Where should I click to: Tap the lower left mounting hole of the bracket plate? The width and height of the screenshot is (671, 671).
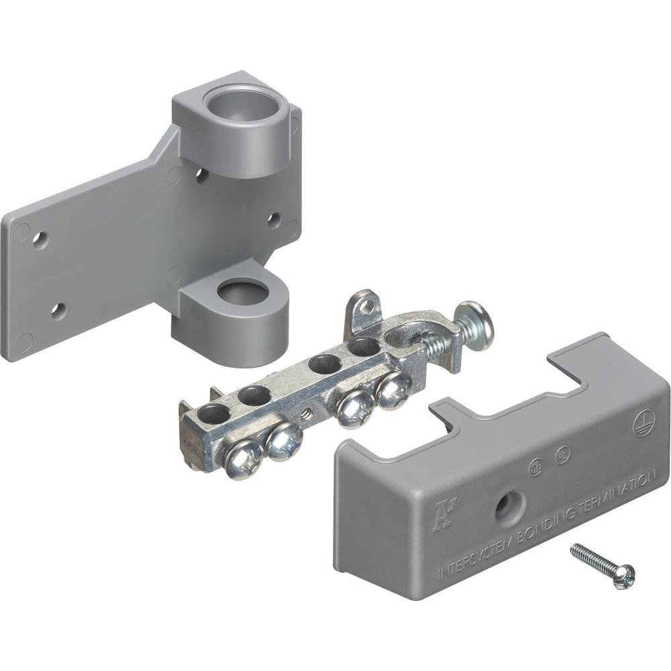coord(58,311)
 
